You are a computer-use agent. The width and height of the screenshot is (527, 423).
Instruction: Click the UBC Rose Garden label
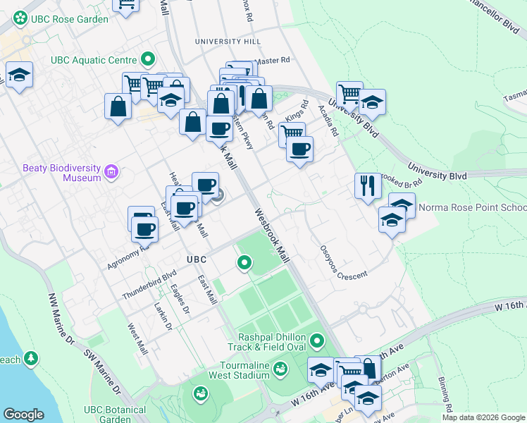[69, 19]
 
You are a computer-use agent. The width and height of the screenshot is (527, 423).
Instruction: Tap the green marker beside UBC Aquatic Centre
[148, 60]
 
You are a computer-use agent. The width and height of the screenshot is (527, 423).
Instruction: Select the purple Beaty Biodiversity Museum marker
[111, 172]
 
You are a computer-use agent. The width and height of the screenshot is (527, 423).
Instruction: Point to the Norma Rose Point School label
[472, 208]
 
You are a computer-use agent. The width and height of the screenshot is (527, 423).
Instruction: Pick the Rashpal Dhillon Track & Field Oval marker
[317, 342]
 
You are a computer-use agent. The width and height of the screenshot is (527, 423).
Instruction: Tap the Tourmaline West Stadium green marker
[280, 369]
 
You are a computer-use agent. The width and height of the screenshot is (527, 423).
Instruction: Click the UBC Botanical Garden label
[115, 414]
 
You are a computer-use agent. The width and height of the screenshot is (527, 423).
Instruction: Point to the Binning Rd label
[443, 391]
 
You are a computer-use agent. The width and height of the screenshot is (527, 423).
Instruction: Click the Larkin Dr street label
[163, 317]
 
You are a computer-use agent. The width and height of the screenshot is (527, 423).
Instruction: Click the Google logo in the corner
[24, 415]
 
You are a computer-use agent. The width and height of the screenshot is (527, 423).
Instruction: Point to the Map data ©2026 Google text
[483, 417]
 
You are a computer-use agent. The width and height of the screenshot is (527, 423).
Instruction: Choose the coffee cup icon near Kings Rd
[299, 150]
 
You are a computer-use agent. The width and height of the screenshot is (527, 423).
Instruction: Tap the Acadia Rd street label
[328, 121]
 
